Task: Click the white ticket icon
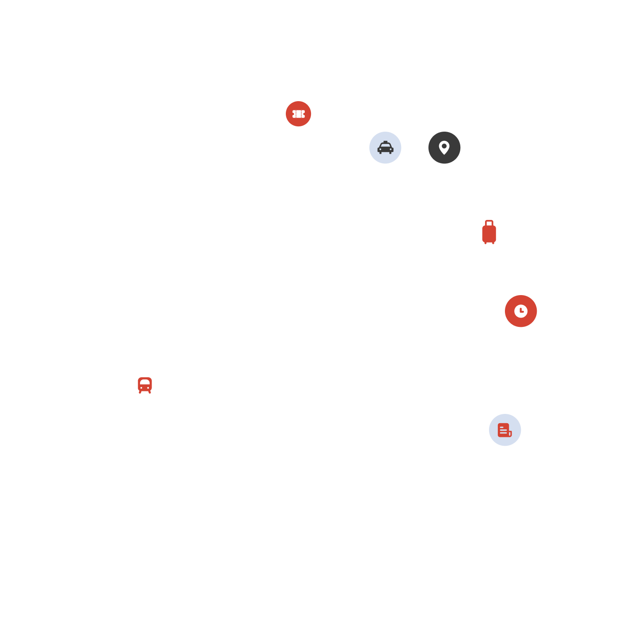pyautogui.click(x=299, y=114)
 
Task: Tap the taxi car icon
pyautogui.click(x=385, y=148)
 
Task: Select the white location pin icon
pyautogui.click(x=444, y=148)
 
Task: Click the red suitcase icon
pyautogui.click(x=489, y=232)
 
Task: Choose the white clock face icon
pyautogui.click(x=521, y=311)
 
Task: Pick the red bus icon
pyautogui.click(x=144, y=385)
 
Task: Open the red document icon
pyautogui.click(x=504, y=430)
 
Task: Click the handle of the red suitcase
pyautogui.click(x=489, y=223)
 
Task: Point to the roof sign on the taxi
pyautogui.click(x=385, y=142)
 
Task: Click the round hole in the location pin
pyautogui.click(x=444, y=146)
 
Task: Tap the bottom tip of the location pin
pyautogui.click(x=444, y=154)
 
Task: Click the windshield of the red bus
pyautogui.click(x=144, y=382)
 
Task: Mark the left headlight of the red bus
pyautogui.click(x=141, y=388)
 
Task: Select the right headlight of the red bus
pyautogui.click(x=148, y=388)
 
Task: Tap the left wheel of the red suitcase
pyautogui.click(x=485, y=243)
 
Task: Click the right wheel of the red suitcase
pyautogui.click(x=493, y=243)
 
